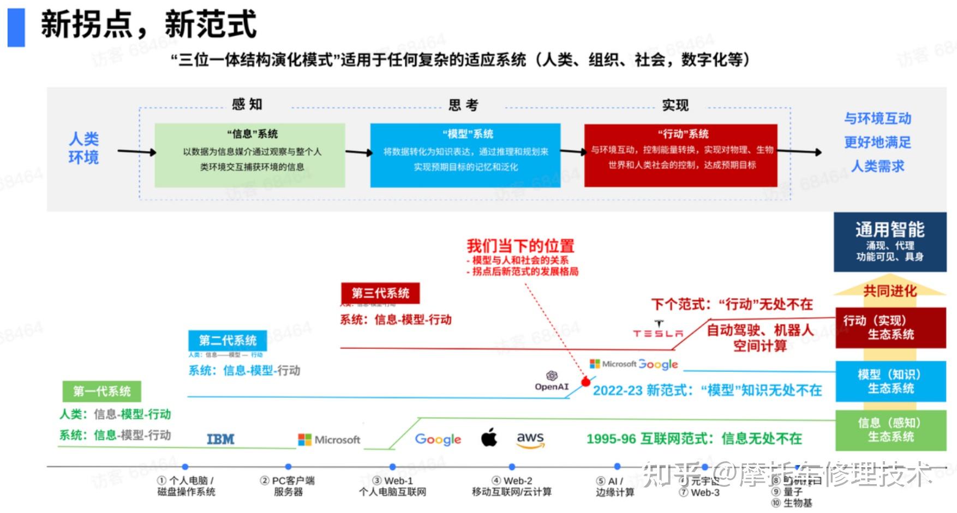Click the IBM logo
coord(220,439)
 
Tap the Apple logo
coord(489,438)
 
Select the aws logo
coord(530,439)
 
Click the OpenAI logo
coord(552,381)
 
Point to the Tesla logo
coord(658,330)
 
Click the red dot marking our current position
coord(585,382)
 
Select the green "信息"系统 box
coord(250,155)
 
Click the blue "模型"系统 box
coord(465,155)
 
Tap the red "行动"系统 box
coord(681,155)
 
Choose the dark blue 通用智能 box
coord(890,242)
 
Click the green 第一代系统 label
coord(102,391)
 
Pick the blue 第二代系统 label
coord(228,341)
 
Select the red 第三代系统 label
coord(380,293)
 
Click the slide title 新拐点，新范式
coord(148,25)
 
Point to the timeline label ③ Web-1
coord(393,481)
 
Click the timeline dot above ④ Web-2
coord(512,467)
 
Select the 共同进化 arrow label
coord(890,291)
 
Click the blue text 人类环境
coord(83,148)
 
